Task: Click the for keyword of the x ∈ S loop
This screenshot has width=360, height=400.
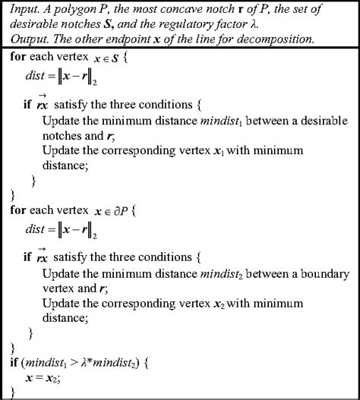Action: (x=21, y=58)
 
